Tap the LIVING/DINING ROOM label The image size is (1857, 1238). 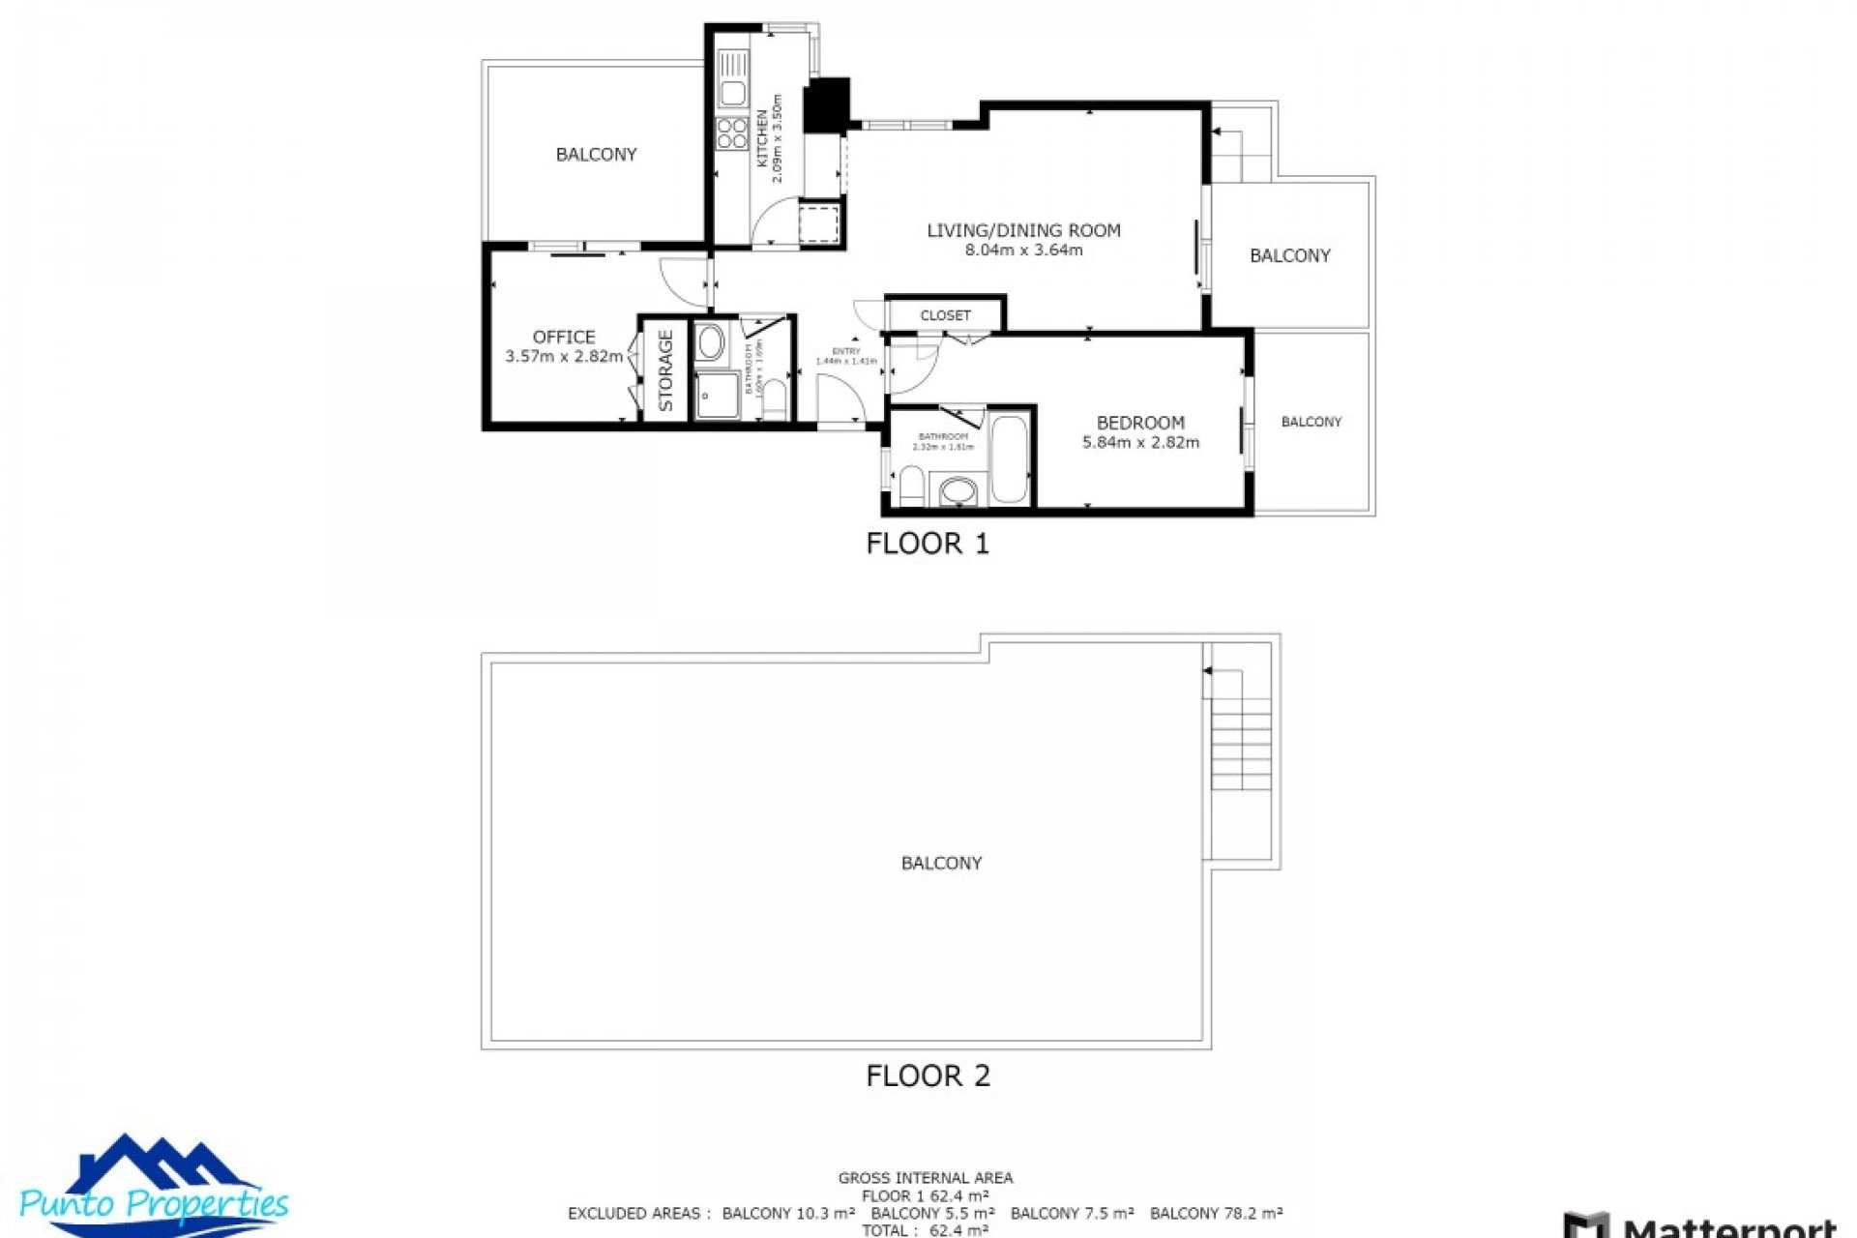pos(1023,230)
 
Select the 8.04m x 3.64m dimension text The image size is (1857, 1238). pos(1023,251)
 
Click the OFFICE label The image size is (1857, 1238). pos(564,337)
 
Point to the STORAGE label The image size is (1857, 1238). pos(665,370)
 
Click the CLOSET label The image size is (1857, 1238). pos(945,315)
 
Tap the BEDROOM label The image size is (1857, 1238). pos(1140,423)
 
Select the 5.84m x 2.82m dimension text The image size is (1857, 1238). pos(1140,443)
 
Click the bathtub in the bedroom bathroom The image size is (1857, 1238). pos(1011,459)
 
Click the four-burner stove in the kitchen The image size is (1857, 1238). pos(732,133)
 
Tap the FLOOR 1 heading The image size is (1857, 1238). pos(928,544)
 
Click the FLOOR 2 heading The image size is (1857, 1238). pos(928,1076)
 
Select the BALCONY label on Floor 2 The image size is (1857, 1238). pos(941,863)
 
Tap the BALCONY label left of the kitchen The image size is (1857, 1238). pos(596,155)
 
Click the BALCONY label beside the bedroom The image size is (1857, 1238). pos(1311,422)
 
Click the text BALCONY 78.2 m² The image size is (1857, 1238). pos(1216,1213)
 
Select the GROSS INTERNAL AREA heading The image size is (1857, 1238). pos(926,1178)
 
